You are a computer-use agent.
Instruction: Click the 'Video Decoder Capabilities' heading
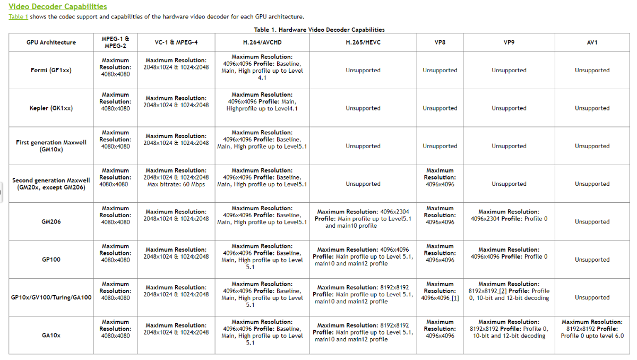click(58, 7)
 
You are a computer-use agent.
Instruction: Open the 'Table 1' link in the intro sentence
click(18, 17)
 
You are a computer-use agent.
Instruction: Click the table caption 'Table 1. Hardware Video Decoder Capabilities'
click(319, 30)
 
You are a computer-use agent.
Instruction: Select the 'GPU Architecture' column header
click(51, 42)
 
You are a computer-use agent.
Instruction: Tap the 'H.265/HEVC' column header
click(363, 42)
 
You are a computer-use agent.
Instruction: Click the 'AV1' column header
click(592, 42)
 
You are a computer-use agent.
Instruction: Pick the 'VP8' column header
click(440, 42)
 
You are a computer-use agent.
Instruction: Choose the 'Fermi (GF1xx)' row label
click(51, 71)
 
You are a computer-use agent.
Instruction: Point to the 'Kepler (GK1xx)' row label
click(51, 108)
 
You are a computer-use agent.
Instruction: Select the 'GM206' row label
click(51, 222)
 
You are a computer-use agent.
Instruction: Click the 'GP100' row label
click(51, 260)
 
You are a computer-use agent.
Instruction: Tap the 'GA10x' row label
click(51, 336)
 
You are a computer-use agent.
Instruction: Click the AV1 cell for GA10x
click(592, 329)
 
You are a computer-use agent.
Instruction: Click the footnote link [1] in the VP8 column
click(455, 298)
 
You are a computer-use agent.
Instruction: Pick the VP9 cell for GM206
click(509, 215)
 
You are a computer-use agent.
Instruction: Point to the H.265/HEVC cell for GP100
click(363, 256)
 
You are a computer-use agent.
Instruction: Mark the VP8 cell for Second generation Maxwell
click(440, 177)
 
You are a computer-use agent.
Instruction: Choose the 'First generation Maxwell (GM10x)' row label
click(51, 146)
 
